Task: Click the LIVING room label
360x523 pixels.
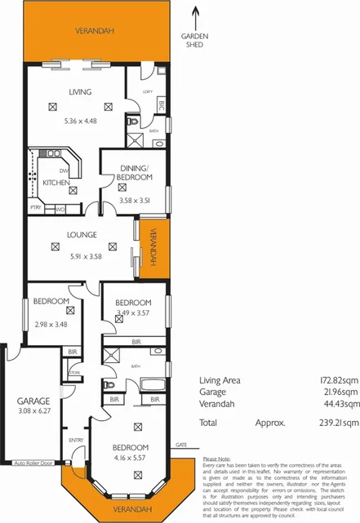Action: point(79,92)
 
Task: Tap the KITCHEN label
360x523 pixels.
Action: point(56,183)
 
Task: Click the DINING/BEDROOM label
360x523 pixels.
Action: point(131,172)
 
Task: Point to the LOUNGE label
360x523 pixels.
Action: point(83,235)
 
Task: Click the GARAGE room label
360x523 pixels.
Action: point(34,401)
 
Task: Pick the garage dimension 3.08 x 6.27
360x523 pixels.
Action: point(34,412)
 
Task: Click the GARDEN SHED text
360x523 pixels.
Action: point(194,42)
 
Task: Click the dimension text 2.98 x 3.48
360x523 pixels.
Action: point(50,323)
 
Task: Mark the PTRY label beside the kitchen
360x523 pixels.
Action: point(36,208)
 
